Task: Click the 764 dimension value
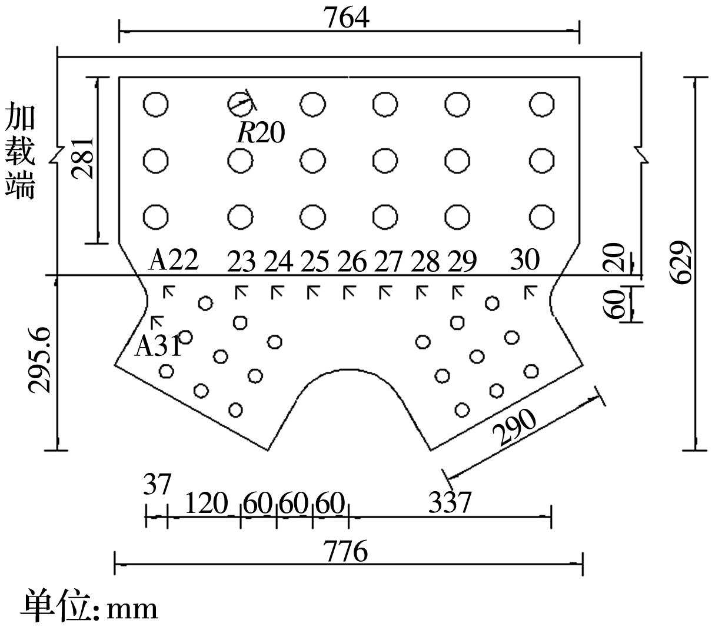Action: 346,18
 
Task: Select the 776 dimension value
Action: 346,552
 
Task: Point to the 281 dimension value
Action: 82,158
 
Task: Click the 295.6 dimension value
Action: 39,360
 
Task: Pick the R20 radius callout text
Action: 261,132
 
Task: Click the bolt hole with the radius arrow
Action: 241,104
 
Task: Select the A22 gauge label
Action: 173,260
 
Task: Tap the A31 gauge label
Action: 158,345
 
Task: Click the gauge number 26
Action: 352,261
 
